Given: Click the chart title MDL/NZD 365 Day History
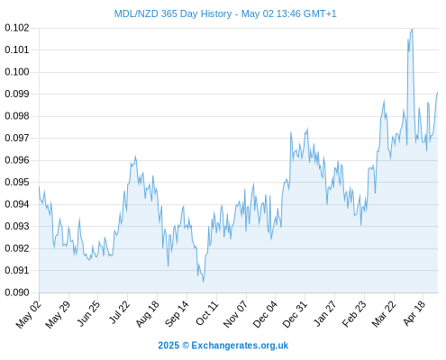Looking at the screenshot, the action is (x=173, y=13).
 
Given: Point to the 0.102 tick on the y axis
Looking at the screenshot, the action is (x=17, y=28).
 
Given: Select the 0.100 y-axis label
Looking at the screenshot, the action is (x=17, y=72).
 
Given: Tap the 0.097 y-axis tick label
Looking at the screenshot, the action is (x=17, y=138).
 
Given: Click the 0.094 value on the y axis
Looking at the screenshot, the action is (x=17, y=204).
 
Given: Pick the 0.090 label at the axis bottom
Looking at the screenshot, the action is (x=17, y=292).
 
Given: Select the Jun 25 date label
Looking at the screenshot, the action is (x=88, y=313).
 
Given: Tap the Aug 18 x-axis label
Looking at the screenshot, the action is (x=147, y=313).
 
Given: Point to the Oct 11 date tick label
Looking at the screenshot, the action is (x=207, y=312).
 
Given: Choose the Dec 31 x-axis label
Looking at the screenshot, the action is (x=295, y=314).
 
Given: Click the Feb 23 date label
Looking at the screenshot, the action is (x=354, y=313).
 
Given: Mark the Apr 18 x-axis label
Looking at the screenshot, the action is (x=414, y=313).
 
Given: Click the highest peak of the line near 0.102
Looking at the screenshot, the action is (x=413, y=29).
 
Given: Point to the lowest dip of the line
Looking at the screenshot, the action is (x=204, y=283).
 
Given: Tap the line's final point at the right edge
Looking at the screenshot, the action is (x=438, y=93).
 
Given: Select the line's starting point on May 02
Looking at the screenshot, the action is (x=39, y=187).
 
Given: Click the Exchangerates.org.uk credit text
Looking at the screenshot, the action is (x=240, y=346).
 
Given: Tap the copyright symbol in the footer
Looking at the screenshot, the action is (x=186, y=346).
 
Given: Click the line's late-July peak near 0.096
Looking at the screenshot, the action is (x=135, y=156).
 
